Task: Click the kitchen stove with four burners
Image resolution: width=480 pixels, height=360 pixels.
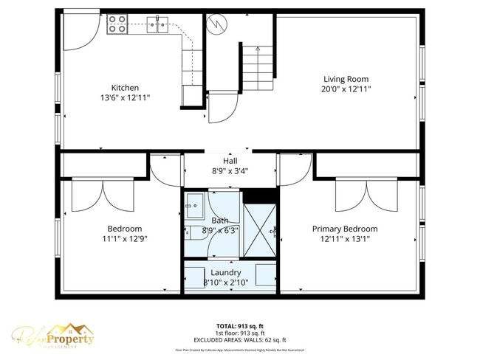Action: point(118,24)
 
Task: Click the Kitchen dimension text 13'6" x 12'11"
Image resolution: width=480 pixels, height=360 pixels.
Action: point(125,97)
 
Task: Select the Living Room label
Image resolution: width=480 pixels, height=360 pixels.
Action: point(346,79)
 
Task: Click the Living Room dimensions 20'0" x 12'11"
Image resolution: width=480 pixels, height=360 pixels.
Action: point(346,89)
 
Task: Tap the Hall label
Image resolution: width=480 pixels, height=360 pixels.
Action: point(230,161)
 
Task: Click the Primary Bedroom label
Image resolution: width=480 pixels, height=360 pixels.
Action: point(344,229)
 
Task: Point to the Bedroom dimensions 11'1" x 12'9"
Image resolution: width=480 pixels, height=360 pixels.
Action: point(124,238)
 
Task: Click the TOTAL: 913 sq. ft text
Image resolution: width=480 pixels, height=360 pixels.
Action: point(239,325)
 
